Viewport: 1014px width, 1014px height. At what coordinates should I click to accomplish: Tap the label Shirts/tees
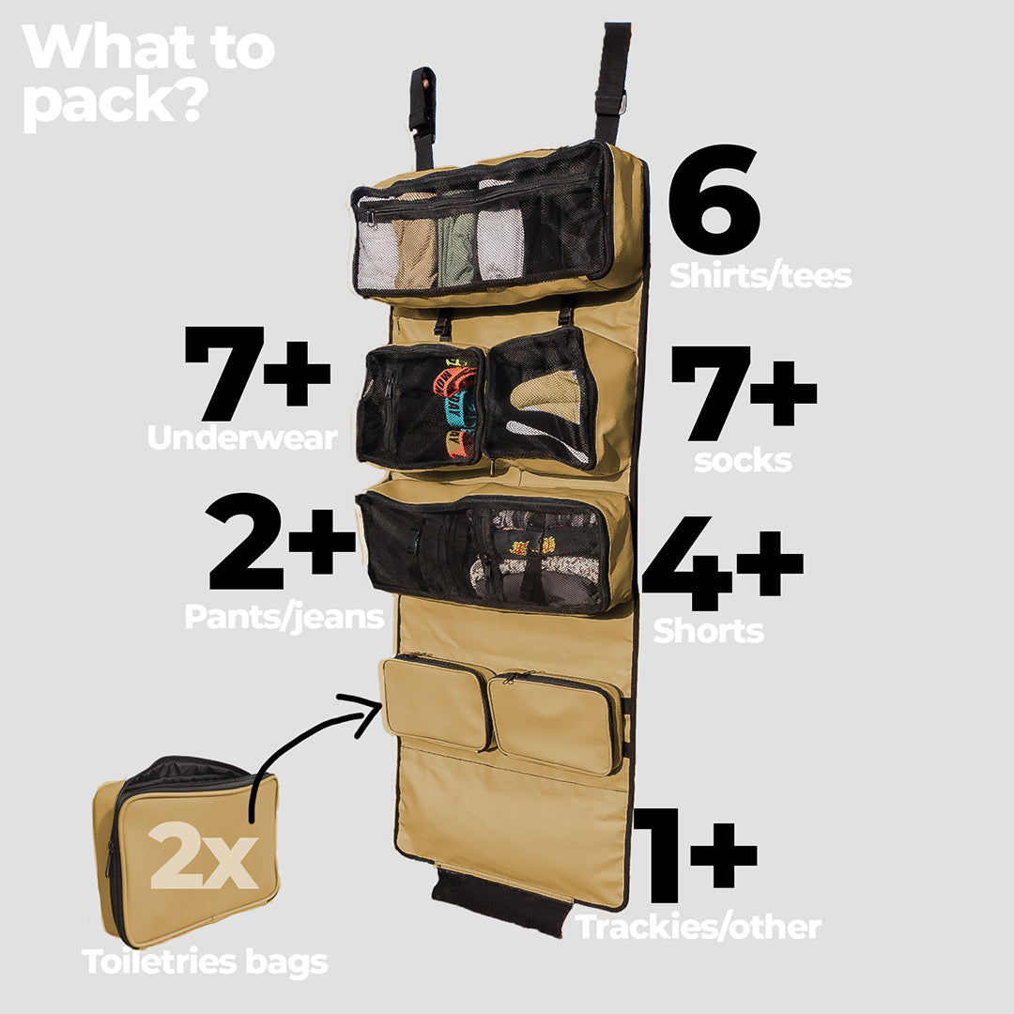tap(760, 275)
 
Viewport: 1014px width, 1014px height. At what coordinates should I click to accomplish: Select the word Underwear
tap(242, 438)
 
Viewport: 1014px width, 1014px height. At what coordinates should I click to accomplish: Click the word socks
tap(742, 460)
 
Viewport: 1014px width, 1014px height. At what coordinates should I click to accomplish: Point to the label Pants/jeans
tap(284, 616)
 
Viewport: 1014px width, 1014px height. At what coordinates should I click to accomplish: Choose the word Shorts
tap(708, 630)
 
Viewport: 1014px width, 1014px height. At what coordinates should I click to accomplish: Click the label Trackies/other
tap(699, 928)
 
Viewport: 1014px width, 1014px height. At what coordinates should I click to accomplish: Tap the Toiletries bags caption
tap(205, 961)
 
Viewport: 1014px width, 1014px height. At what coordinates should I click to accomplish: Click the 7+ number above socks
tap(742, 392)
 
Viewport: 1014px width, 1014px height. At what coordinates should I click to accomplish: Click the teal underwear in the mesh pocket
tap(460, 411)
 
